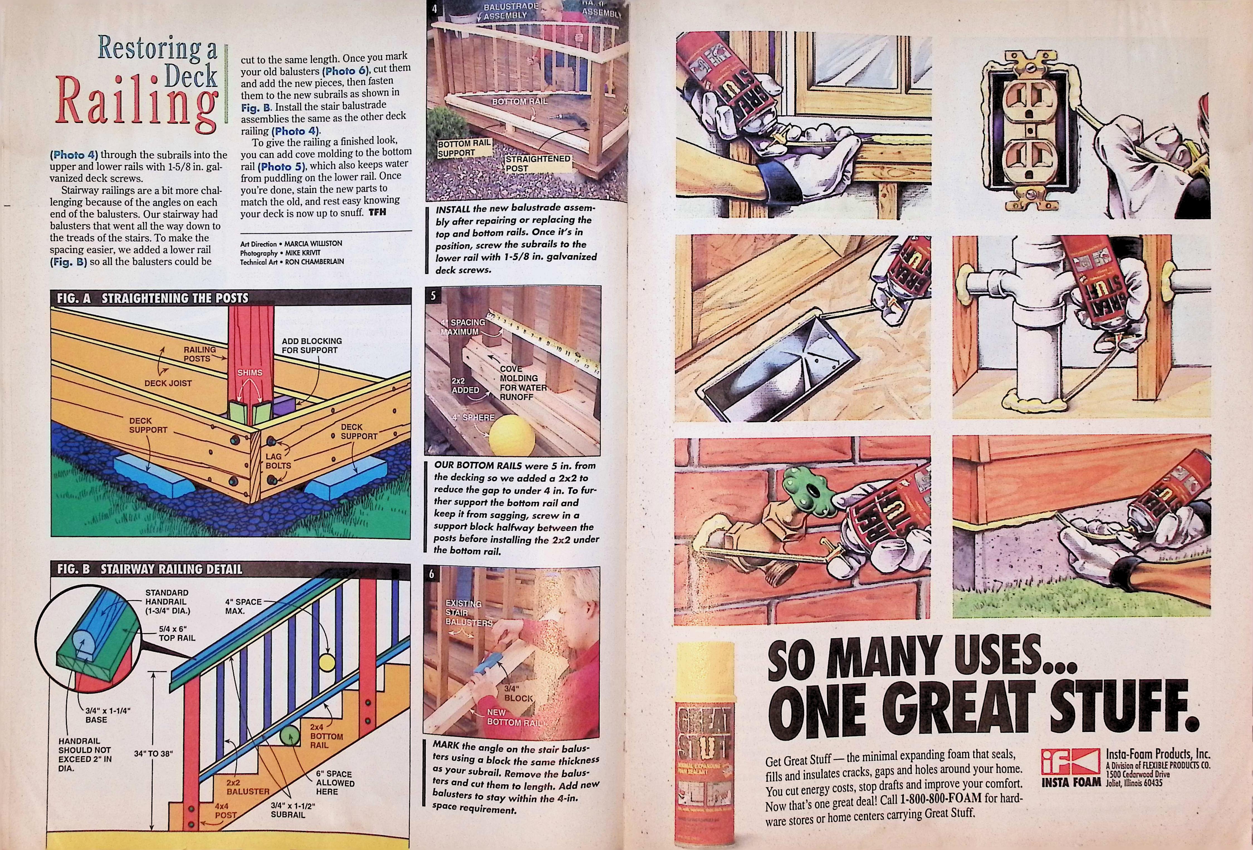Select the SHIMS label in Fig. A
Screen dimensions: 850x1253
(x=250, y=372)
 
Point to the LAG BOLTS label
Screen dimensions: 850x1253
(x=278, y=461)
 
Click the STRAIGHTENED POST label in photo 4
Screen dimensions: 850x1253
(x=538, y=163)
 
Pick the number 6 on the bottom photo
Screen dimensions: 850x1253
(x=431, y=574)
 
